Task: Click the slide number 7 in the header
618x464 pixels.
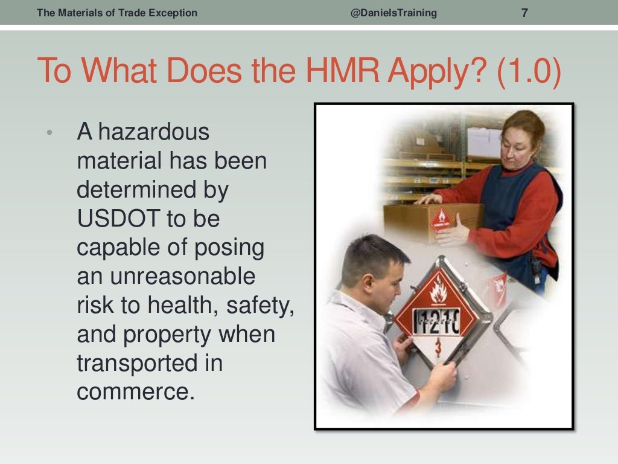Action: coord(524,12)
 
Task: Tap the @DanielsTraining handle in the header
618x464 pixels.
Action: coord(393,13)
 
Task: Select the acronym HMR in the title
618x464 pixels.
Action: coord(340,71)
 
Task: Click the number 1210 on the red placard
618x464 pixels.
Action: coord(436,321)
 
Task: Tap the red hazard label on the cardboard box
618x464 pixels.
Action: coord(441,218)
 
